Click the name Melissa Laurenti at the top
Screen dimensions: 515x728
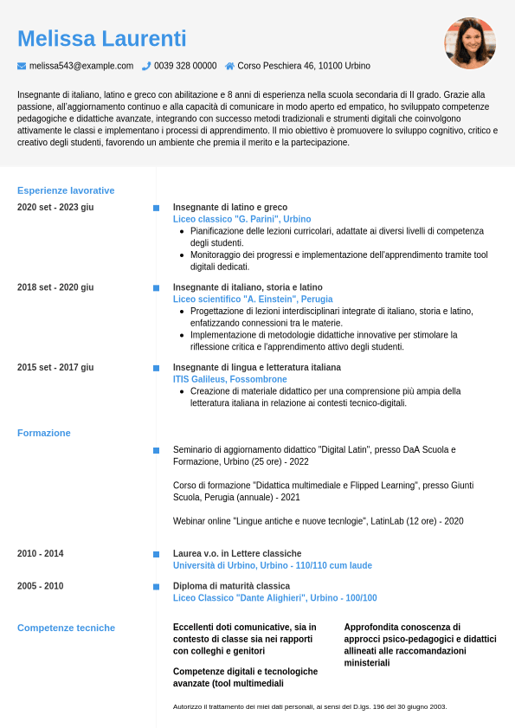point(101,39)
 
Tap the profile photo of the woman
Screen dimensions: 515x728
point(470,43)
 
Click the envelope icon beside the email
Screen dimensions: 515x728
point(22,66)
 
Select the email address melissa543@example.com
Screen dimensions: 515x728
point(81,66)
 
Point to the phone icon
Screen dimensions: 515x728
point(146,66)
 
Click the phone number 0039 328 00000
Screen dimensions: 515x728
point(185,66)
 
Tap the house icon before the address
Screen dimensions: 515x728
point(229,66)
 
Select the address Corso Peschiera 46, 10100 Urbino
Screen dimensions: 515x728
point(304,66)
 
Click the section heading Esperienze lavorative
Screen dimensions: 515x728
point(66,190)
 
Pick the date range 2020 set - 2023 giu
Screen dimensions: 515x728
point(55,208)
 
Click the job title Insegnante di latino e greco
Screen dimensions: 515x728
point(230,208)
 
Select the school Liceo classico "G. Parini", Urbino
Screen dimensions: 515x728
point(241,220)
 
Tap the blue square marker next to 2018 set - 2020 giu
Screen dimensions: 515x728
point(156,287)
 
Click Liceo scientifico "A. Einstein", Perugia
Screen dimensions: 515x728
point(253,300)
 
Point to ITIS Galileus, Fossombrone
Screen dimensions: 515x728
point(230,379)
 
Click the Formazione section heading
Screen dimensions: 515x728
point(44,433)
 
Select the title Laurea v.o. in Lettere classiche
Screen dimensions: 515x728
point(237,554)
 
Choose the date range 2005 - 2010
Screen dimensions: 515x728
point(40,586)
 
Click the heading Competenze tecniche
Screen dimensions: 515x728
point(66,628)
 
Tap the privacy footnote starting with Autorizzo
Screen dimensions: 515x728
point(310,707)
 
